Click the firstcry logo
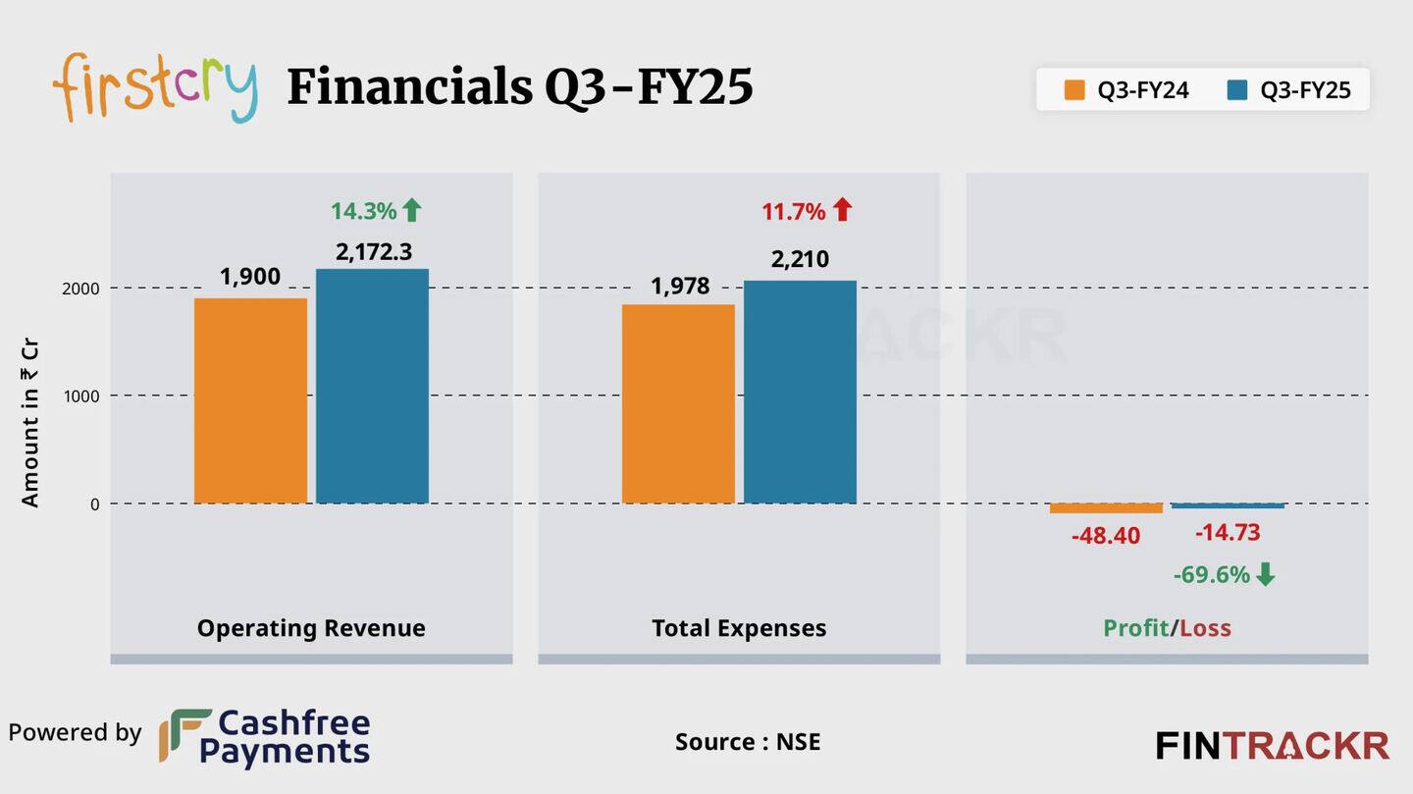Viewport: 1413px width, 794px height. coord(155,87)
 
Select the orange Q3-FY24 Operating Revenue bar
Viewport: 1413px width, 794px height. coord(250,400)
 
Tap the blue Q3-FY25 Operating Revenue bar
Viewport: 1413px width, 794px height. coord(372,386)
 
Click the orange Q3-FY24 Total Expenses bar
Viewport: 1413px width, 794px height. coord(678,403)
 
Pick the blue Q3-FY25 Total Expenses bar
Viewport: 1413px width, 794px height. coord(800,392)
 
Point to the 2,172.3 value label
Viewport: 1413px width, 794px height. coord(373,252)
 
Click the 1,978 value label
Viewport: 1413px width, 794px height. coord(679,287)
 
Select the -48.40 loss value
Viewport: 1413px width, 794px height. coord(1106,536)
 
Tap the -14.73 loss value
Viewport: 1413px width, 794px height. coord(1228,533)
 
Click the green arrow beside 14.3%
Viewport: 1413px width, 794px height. coord(412,210)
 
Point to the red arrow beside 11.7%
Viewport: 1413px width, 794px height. coord(843,210)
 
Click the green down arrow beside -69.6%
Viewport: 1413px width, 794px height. coord(1266,574)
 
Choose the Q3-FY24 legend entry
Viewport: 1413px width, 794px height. coord(1126,90)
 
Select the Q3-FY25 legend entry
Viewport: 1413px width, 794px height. coord(1288,90)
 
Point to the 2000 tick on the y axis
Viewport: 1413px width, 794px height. coord(81,289)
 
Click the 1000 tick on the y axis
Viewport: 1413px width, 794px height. coord(81,397)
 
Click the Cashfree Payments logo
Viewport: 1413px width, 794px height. coord(265,737)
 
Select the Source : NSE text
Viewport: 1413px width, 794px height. coord(747,742)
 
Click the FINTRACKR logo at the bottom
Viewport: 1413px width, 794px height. coord(1272,746)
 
